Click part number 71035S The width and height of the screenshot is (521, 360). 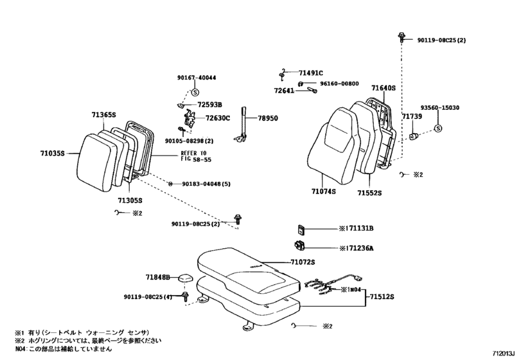(53, 154)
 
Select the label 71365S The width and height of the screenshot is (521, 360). (104, 115)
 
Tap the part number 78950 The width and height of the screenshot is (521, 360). (268, 118)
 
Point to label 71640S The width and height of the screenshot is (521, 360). (384, 88)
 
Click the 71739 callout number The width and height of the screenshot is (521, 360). (412, 116)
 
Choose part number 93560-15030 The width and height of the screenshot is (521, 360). (440, 108)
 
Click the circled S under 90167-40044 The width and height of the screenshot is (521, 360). (195, 92)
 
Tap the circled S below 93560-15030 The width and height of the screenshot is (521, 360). (438, 129)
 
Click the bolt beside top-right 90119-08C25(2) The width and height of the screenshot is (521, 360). (402, 37)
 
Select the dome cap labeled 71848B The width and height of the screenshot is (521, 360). (186, 278)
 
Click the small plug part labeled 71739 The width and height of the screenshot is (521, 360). (413, 136)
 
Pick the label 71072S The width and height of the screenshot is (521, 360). (303, 262)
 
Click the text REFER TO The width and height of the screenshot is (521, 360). (194, 153)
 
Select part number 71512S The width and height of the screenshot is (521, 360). (382, 296)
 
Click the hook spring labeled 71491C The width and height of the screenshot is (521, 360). (282, 75)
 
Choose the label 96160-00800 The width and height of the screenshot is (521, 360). (339, 84)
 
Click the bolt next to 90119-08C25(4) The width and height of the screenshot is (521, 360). (185, 296)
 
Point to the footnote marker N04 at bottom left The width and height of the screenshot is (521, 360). (20, 349)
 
